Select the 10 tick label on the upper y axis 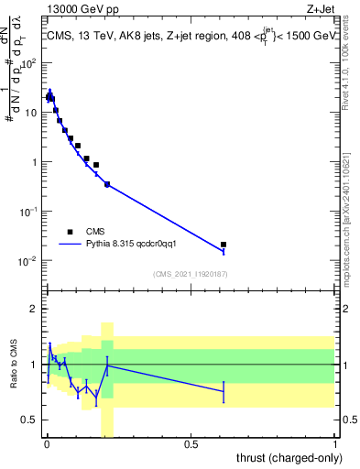[32, 113]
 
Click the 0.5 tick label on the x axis [191, 445]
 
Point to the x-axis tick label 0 [47, 445]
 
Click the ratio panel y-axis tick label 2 [35, 309]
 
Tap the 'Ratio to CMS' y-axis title [12, 365]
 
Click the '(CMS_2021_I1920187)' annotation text [190, 274]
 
